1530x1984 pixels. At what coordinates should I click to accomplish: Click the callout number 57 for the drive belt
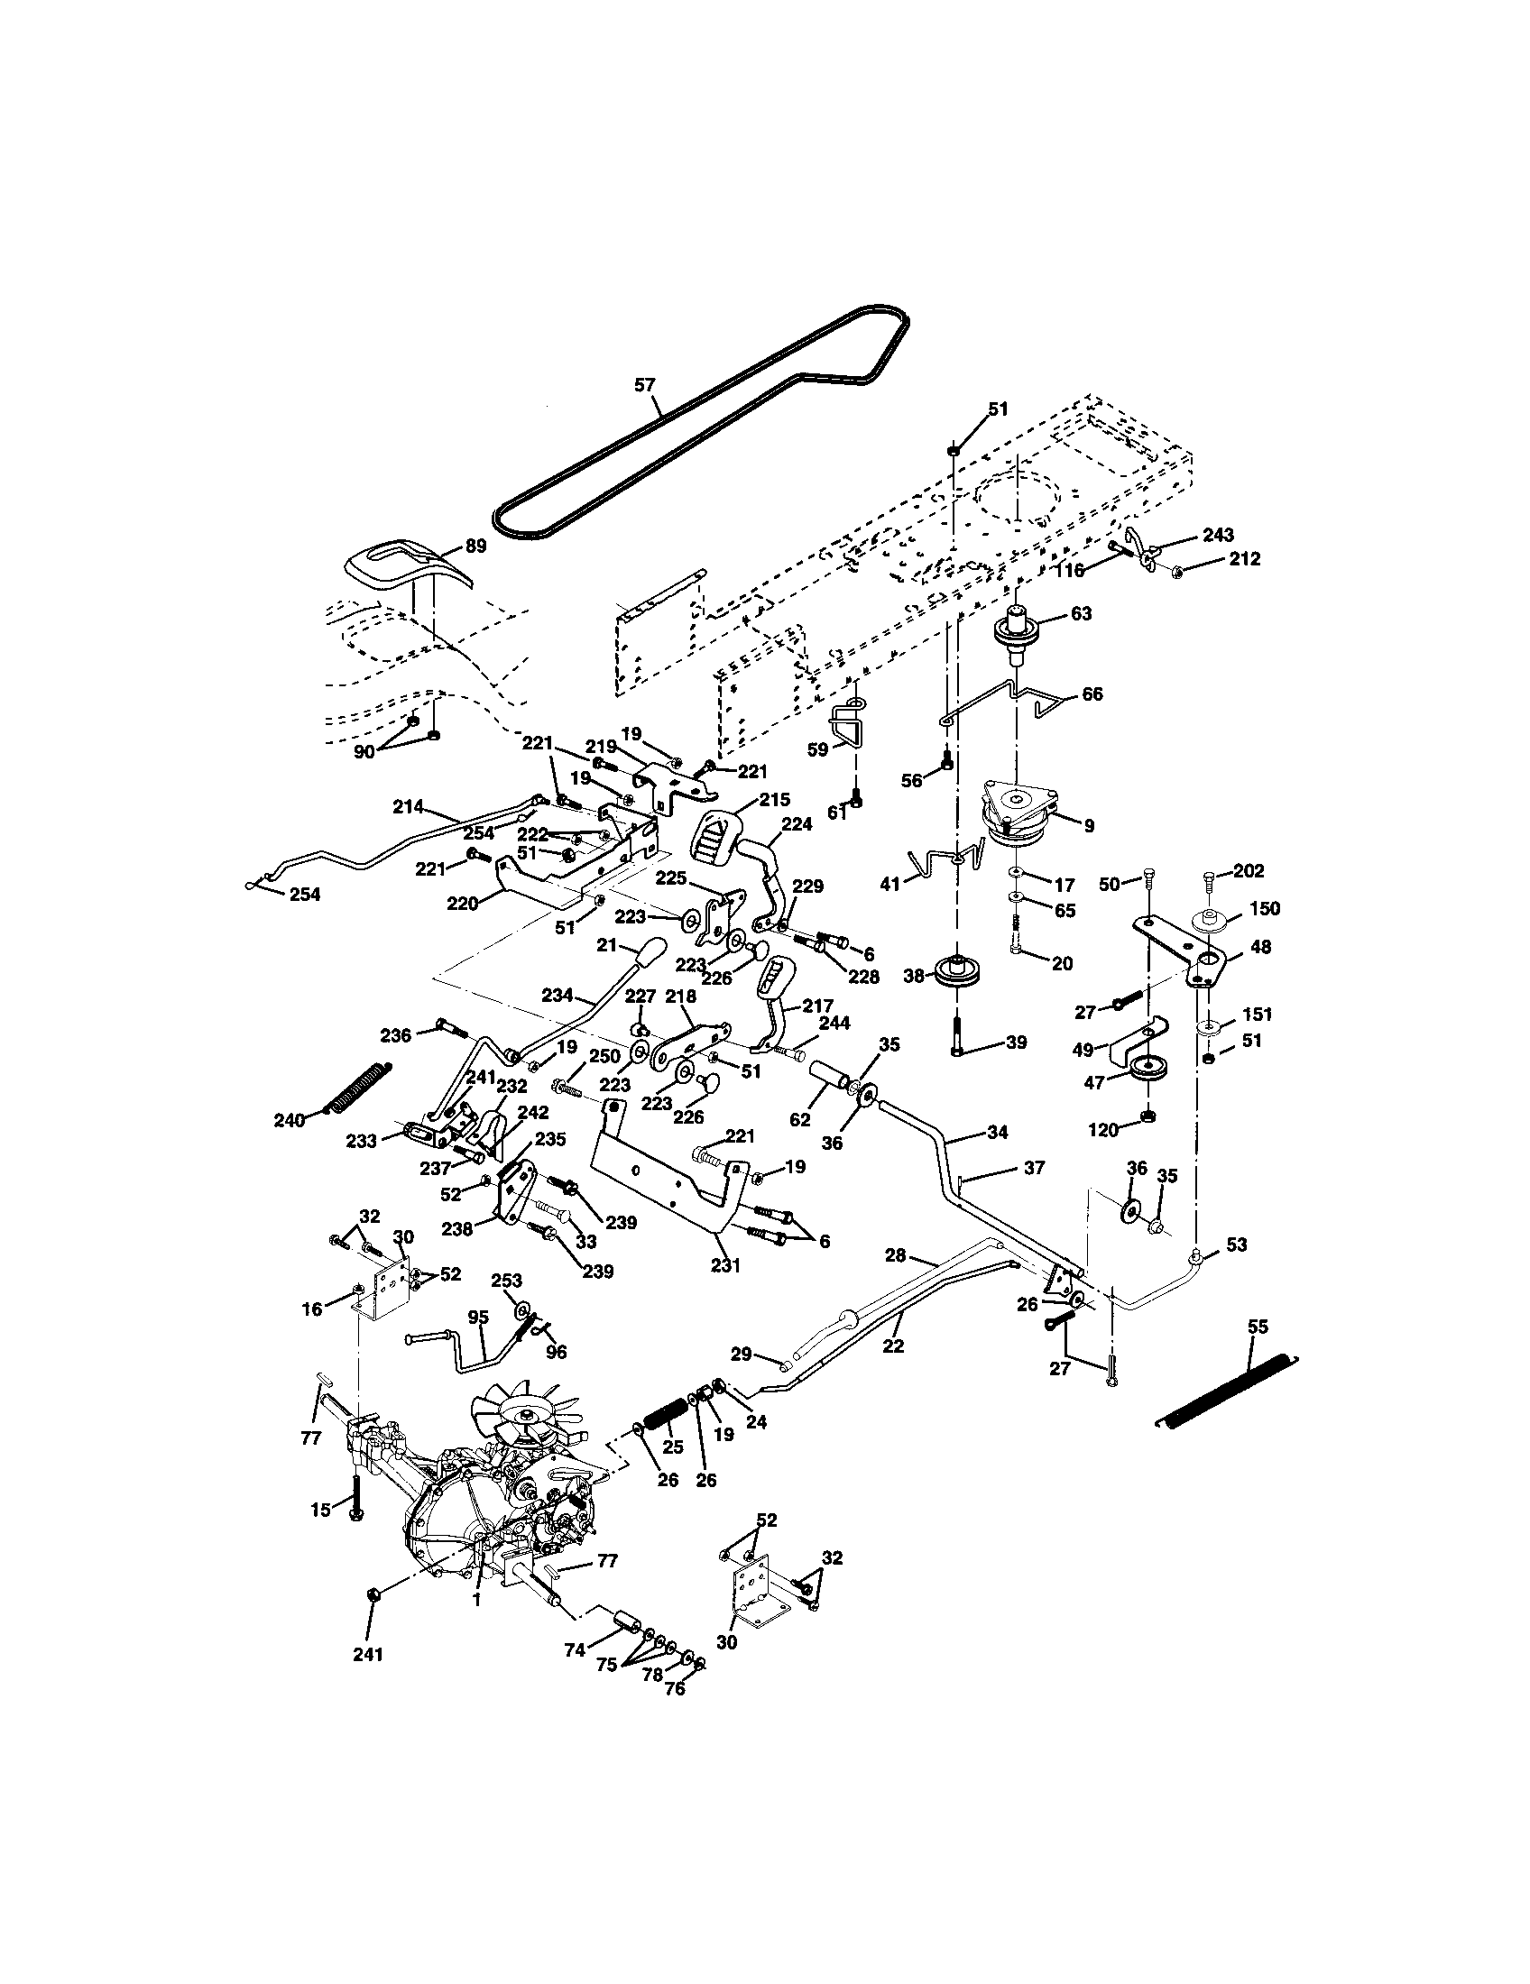644,385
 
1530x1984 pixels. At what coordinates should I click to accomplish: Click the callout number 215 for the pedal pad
775,799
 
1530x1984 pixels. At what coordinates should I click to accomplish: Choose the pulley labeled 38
958,973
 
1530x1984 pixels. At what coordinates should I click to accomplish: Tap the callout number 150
1264,908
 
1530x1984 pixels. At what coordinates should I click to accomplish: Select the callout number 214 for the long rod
409,804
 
